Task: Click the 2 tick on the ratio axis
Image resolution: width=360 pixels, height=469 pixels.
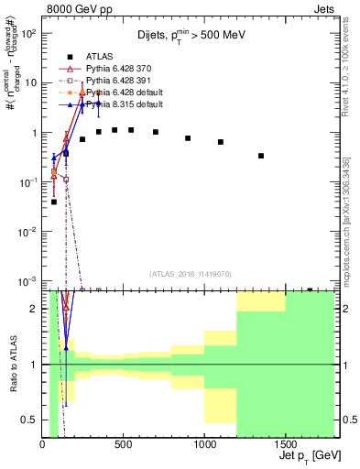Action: [35, 309]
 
